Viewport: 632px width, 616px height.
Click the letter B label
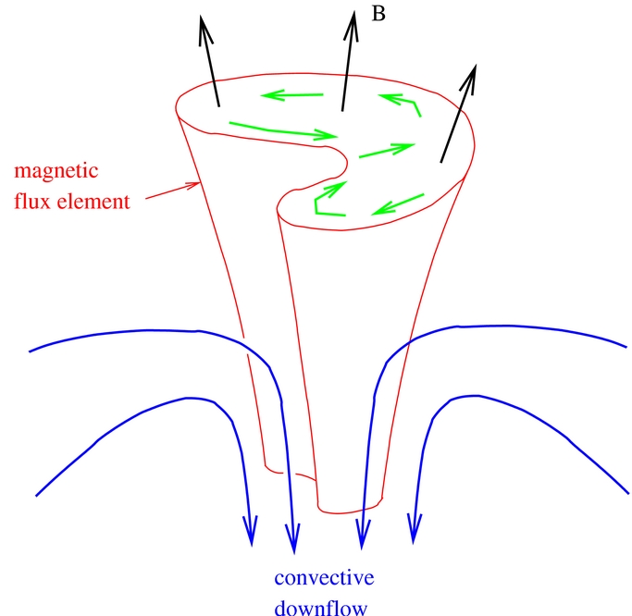click(378, 14)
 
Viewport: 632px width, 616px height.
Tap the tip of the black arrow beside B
click(353, 11)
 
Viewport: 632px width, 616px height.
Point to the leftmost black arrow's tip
click(200, 16)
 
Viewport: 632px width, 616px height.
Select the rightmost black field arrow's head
click(476, 65)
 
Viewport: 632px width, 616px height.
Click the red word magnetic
click(56, 171)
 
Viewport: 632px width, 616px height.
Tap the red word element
click(93, 201)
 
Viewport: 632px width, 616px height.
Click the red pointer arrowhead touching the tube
click(196, 185)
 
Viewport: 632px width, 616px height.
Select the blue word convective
click(324, 578)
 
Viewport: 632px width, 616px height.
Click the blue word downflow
click(321, 607)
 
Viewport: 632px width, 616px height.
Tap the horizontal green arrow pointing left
click(291, 95)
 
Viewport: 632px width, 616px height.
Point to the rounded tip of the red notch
click(347, 162)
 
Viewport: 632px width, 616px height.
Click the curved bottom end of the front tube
click(349, 511)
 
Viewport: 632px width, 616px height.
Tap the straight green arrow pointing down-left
click(397, 204)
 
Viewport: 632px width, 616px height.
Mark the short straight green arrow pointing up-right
click(387, 150)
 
